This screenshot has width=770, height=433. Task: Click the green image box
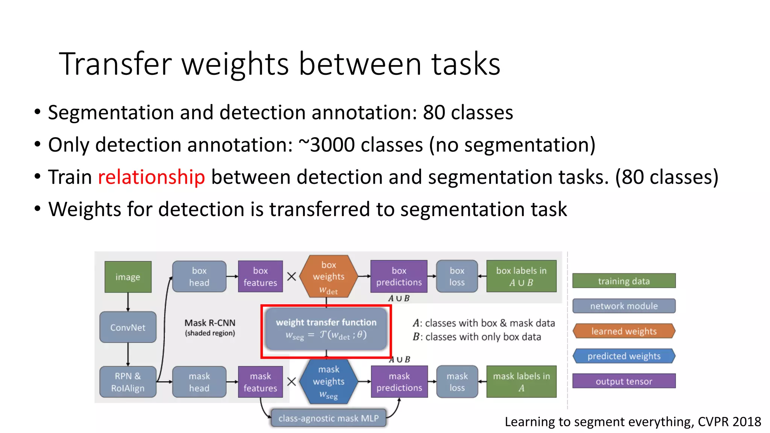128,277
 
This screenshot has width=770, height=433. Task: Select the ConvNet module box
128,327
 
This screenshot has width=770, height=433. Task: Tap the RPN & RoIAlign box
128,382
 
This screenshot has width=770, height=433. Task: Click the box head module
199,277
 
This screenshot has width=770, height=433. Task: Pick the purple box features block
260,277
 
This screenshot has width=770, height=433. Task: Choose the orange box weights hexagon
329,277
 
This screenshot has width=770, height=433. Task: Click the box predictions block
399,277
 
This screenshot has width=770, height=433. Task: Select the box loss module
457,277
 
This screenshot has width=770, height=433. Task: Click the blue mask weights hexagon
329,382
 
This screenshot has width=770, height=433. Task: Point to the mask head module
199,382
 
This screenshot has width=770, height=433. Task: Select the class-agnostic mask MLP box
329,418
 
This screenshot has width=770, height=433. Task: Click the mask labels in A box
521,382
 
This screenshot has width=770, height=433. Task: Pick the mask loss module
457,382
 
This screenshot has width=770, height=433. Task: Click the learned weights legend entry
624,331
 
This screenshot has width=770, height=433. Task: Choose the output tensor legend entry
624,381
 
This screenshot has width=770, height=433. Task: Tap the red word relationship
151,177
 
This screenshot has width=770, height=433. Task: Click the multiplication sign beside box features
291,277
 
